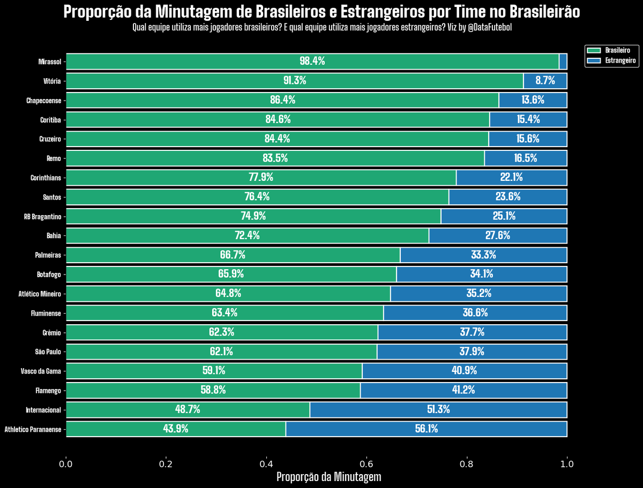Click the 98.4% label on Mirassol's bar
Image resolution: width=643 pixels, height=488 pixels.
(312, 61)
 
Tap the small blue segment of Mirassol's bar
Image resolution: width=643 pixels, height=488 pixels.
(563, 62)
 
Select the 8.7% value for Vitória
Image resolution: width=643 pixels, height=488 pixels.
(545, 81)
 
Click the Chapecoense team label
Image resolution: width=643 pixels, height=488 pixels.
(44, 101)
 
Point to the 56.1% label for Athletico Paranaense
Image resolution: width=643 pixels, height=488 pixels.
(426, 429)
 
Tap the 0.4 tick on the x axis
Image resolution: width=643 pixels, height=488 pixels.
(266, 463)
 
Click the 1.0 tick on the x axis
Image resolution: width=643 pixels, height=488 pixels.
(567, 463)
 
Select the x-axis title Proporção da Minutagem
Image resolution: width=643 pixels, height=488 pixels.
(328, 477)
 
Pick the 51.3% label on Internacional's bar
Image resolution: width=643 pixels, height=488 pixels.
(438, 410)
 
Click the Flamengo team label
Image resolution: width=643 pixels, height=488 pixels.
(48, 391)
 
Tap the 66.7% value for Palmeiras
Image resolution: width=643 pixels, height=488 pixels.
(233, 255)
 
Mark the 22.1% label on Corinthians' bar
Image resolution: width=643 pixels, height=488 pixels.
(511, 177)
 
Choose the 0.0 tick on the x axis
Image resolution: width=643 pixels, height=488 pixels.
(66, 463)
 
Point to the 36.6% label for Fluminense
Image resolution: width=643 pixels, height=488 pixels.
(475, 312)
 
